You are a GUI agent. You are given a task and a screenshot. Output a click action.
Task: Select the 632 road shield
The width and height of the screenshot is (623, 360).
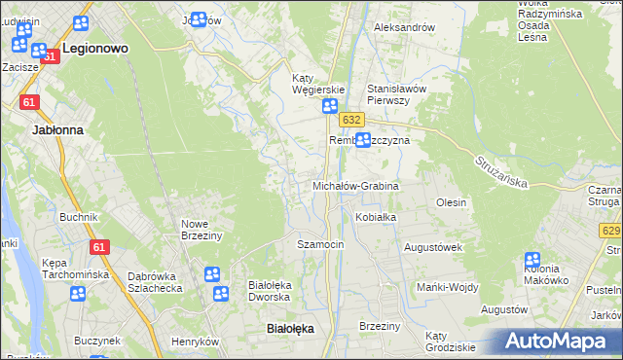(x=352, y=119)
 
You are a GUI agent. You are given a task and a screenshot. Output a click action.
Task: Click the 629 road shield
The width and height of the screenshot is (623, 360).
(x=610, y=231)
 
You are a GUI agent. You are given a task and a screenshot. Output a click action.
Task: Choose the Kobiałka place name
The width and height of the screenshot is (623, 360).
(x=376, y=217)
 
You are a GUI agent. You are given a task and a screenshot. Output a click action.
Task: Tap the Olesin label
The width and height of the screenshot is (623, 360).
(x=452, y=202)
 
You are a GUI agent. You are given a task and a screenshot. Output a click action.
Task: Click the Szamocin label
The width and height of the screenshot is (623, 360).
(x=320, y=244)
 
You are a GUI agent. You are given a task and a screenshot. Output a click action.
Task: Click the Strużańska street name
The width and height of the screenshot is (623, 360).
(x=501, y=173)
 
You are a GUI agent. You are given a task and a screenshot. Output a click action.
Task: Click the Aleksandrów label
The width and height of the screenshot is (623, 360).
(x=405, y=27)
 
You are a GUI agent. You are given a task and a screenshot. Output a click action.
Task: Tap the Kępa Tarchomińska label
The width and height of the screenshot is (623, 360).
(x=73, y=269)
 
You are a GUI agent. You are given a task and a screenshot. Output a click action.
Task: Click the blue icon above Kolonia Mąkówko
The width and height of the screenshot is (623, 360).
(x=532, y=261)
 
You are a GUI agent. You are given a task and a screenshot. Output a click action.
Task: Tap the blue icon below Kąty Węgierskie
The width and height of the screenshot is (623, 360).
(x=330, y=107)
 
